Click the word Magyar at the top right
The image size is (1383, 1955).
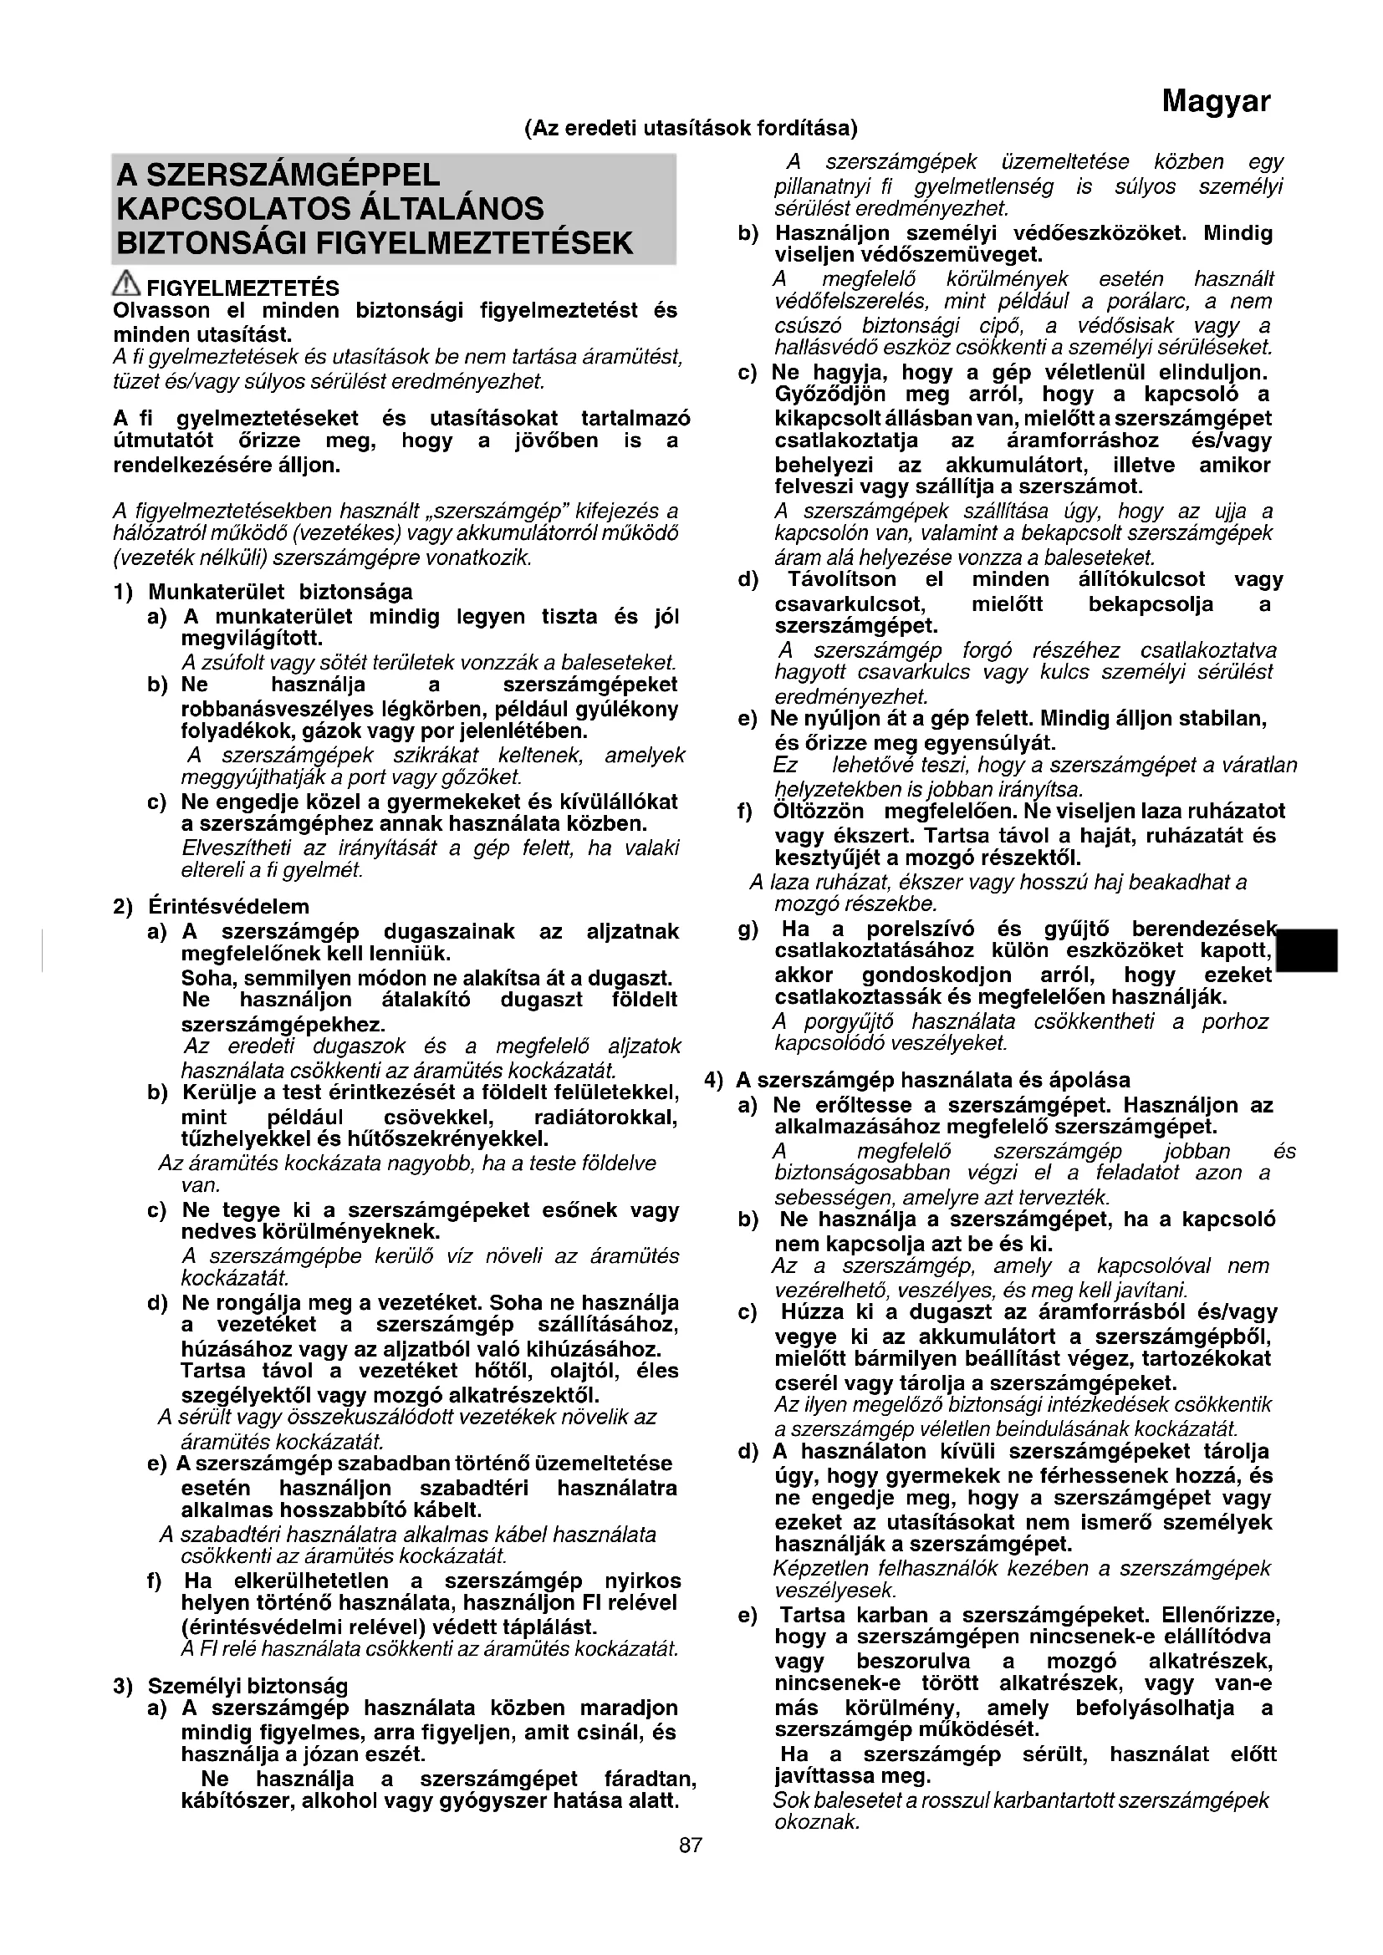tap(1215, 101)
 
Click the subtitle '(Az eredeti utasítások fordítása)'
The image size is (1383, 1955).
tap(691, 129)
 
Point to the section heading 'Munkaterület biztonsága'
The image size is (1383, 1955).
tap(280, 592)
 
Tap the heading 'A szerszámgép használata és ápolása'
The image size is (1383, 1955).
tap(932, 1081)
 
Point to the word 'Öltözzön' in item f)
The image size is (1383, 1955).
tap(819, 812)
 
